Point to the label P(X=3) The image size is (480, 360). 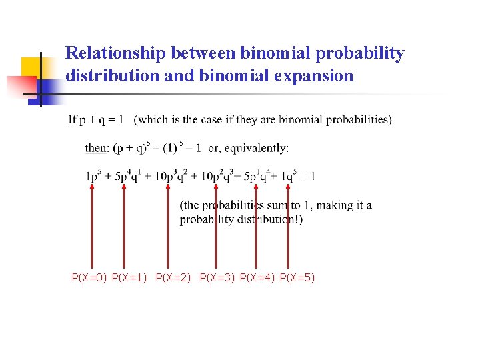click(217, 277)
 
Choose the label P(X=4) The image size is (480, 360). click(257, 277)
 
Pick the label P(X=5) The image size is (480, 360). click(297, 277)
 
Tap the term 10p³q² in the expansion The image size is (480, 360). click(168, 176)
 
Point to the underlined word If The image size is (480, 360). click(72, 120)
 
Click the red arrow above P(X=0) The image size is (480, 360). click(91, 227)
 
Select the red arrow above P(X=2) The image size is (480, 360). click(167, 227)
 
